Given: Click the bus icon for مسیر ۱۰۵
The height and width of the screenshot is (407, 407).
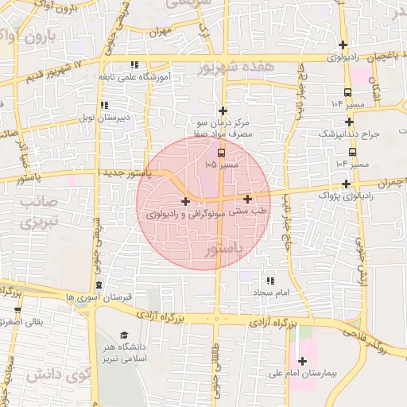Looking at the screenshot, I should coord(220,152).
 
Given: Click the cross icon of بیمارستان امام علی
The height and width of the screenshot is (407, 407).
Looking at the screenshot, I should coord(302,362).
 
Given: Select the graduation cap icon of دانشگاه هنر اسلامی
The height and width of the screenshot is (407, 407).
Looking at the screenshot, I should coord(123,336).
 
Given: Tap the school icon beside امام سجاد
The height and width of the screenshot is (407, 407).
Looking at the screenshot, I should coord(270,281).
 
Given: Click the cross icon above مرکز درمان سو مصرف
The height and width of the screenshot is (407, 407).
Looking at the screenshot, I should coord(223,110).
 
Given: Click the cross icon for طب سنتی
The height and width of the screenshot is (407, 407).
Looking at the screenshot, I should coord(248,199).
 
